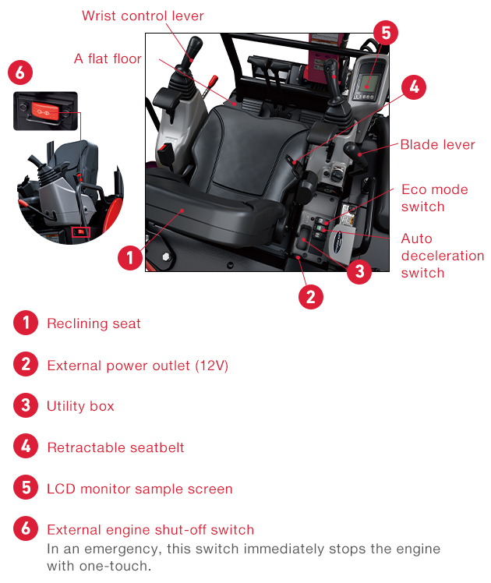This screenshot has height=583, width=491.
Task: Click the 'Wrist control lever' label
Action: pyautogui.click(x=143, y=16)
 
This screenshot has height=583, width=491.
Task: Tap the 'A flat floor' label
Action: pyautogui.click(x=108, y=58)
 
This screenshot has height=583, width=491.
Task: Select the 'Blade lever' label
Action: pyautogui.click(x=437, y=144)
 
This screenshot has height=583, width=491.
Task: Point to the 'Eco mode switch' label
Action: pyautogui.click(x=434, y=198)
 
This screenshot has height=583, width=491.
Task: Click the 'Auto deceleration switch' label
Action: pyautogui.click(x=442, y=256)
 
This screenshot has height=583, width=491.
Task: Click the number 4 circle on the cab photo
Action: pyautogui.click(x=414, y=87)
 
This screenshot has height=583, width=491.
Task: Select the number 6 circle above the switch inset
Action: pyautogui.click(x=20, y=73)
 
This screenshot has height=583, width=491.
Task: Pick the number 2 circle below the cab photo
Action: pyautogui.click(x=310, y=296)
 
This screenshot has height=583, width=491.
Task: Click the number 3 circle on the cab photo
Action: pyautogui.click(x=358, y=270)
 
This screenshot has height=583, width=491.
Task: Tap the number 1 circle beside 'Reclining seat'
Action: pyautogui.click(x=26, y=323)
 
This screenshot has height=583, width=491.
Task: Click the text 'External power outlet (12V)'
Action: pyautogui.click(x=137, y=365)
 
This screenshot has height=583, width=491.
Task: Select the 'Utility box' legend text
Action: pyautogui.click(x=80, y=406)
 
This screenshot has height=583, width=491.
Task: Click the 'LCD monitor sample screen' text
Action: pyautogui.click(x=140, y=489)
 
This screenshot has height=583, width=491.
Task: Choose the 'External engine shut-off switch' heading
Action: pyautogui.click(x=150, y=530)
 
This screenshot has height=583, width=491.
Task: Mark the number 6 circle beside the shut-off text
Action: pyautogui.click(x=26, y=529)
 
